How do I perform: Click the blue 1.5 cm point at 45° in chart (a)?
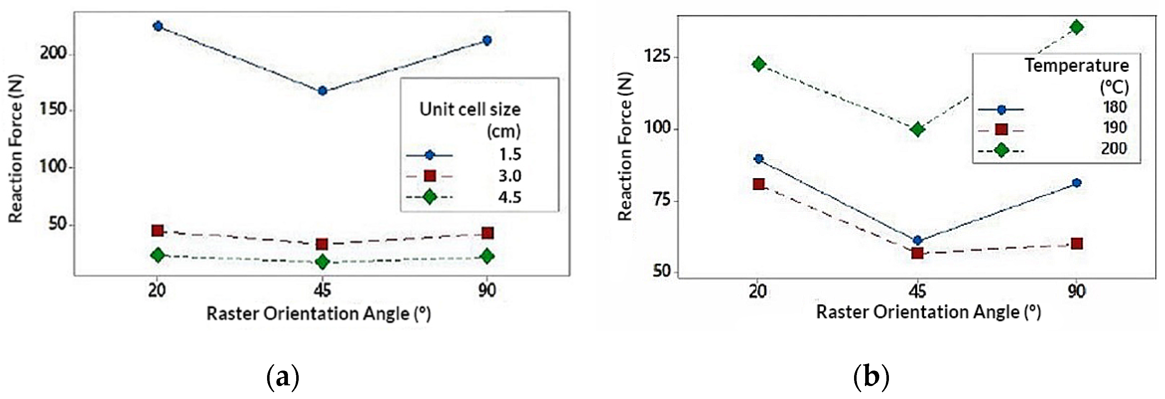click(x=322, y=91)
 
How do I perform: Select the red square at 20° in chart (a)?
click(x=157, y=231)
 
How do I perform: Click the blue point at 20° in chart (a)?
click(x=158, y=26)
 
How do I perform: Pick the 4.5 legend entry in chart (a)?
click(x=510, y=197)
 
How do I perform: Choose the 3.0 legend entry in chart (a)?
click(x=510, y=176)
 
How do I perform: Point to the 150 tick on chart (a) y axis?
click(x=53, y=110)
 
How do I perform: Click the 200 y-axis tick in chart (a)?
click(x=53, y=53)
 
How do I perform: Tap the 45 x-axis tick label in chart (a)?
click(x=322, y=290)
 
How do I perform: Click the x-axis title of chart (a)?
click(x=318, y=313)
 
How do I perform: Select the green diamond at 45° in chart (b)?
click(x=918, y=130)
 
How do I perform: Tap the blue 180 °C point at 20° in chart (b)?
click(x=759, y=159)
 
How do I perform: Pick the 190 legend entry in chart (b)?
click(x=1114, y=128)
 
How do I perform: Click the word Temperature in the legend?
click(x=1076, y=66)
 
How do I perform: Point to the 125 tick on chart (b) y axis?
click(x=658, y=58)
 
